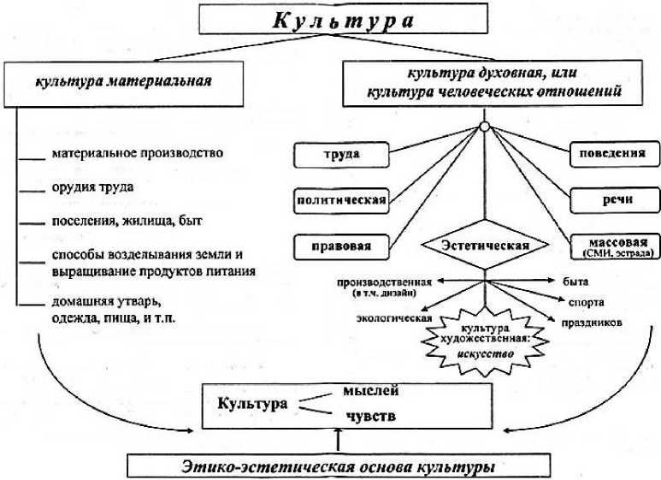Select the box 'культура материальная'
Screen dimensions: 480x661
[x=125, y=83]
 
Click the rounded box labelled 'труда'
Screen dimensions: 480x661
[x=341, y=155]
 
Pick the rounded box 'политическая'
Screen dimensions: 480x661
[x=341, y=200]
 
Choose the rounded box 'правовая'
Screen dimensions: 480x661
[x=341, y=246]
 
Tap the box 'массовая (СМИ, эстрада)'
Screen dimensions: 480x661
[x=611, y=246]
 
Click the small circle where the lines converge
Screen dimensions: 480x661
[x=484, y=128]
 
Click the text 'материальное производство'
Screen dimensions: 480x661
[x=137, y=153]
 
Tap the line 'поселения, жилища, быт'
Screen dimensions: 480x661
[x=126, y=221]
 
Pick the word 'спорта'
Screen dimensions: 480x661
[x=586, y=303]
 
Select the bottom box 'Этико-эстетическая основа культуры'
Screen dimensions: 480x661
[x=340, y=465]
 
